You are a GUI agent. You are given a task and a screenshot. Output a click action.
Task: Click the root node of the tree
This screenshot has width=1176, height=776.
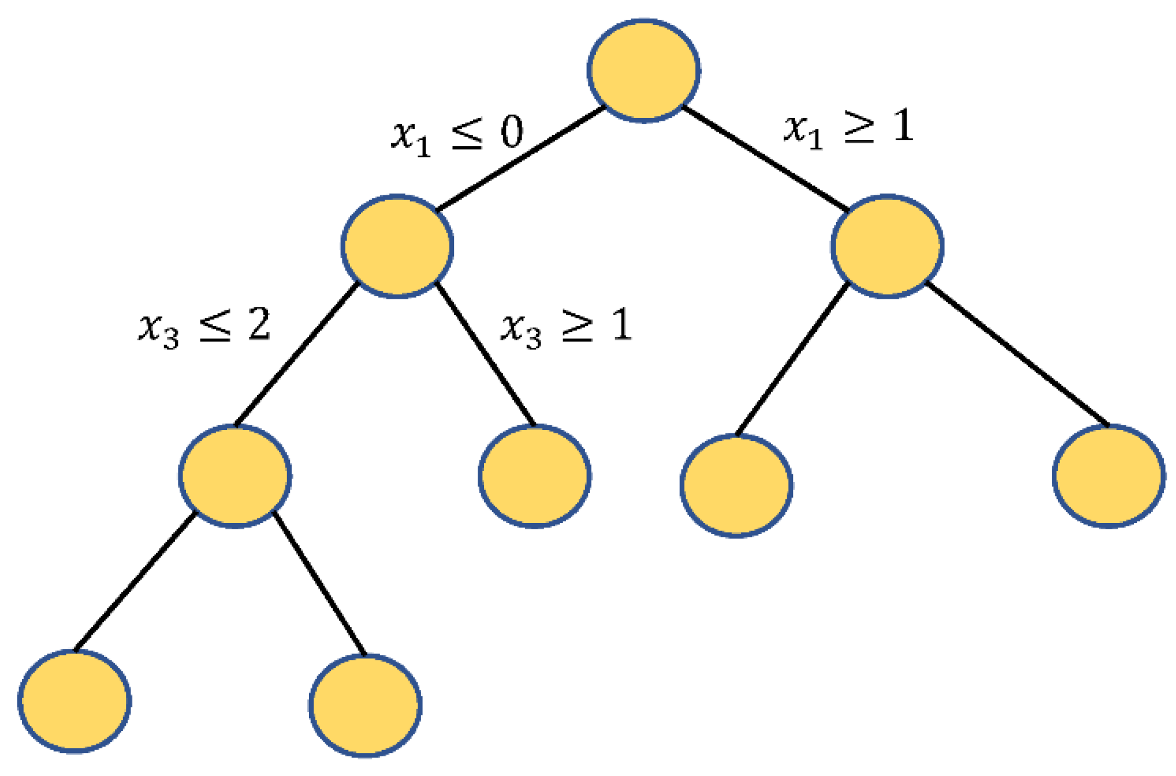tap(643, 70)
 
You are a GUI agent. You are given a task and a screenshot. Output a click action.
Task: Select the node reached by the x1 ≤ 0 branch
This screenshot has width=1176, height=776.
tap(397, 246)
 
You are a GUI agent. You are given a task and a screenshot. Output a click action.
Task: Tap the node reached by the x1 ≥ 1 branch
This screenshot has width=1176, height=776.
tap(887, 246)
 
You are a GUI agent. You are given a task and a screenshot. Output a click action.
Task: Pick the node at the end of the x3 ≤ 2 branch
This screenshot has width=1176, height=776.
tap(235, 476)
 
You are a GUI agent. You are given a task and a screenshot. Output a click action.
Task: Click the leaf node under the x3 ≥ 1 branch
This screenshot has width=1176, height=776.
tap(534, 476)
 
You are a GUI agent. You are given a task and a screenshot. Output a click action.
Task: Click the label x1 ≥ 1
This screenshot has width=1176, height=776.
tap(848, 129)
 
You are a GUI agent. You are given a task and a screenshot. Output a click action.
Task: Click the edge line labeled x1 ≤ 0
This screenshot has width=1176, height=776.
tap(520, 158)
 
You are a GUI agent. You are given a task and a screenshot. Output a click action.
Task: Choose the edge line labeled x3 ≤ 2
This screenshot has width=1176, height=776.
tap(296, 354)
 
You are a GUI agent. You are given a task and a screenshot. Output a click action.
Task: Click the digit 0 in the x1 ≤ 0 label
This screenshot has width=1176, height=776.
tap(512, 132)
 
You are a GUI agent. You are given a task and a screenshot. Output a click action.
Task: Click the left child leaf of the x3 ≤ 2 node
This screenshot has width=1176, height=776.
tap(75, 701)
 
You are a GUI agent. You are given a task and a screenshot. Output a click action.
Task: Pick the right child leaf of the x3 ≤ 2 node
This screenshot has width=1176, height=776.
tap(365, 706)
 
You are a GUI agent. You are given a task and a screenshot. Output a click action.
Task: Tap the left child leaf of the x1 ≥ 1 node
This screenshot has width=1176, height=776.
tap(736, 485)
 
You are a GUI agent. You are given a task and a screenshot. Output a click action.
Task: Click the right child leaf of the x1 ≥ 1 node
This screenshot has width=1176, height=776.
tap(1108, 476)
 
